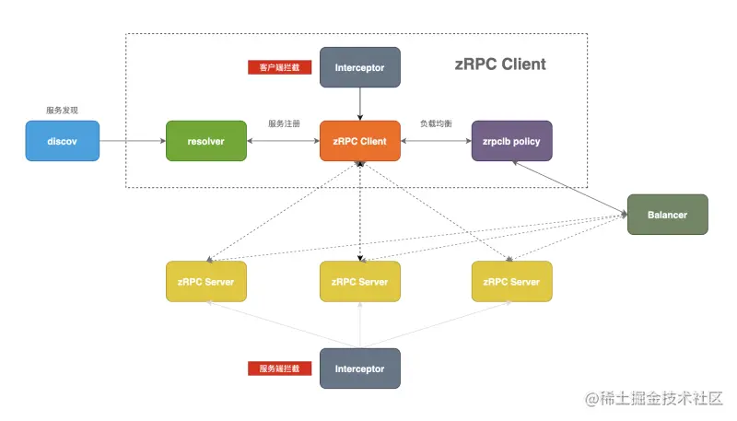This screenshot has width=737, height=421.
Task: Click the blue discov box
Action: coord(62,141)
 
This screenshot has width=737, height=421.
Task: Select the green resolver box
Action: coord(205,141)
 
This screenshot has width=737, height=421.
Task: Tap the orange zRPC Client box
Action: coord(359,141)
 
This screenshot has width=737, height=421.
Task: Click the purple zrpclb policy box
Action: coord(511,141)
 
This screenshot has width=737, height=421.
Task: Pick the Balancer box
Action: coord(667,215)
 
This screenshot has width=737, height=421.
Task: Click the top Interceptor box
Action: coord(359,67)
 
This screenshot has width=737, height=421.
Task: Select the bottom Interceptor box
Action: coord(359,368)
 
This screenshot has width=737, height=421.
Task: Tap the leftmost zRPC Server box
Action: coord(205,281)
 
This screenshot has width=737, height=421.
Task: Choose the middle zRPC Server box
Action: coord(359,281)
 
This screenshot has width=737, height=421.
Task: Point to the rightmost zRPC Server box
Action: coord(511,281)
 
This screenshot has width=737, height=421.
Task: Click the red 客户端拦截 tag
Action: coord(279,67)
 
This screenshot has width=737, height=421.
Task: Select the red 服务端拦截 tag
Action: coord(279,368)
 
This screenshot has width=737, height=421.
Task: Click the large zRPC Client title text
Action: coord(500,64)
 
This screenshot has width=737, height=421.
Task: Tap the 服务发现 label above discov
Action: coord(62,110)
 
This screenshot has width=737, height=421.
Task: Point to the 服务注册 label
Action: coord(284,123)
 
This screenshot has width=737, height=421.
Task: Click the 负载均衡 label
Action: coord(436,123)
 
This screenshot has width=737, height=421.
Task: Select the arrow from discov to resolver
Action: coord(132,141)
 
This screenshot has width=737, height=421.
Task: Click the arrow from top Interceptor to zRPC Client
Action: coord(359,104)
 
